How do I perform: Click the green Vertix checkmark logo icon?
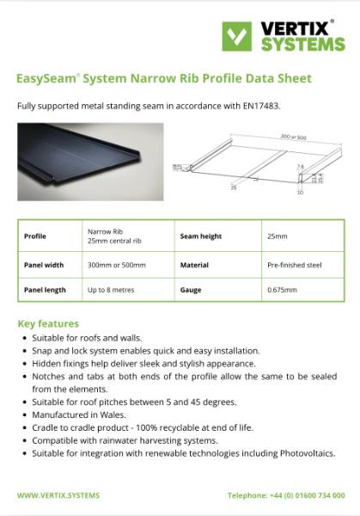[237, 35]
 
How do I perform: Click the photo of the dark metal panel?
[90, 161]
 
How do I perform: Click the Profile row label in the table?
[35, 235]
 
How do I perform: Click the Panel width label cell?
[44, 265]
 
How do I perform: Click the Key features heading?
[48, 323]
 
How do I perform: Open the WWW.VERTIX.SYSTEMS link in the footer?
[58, 494]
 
